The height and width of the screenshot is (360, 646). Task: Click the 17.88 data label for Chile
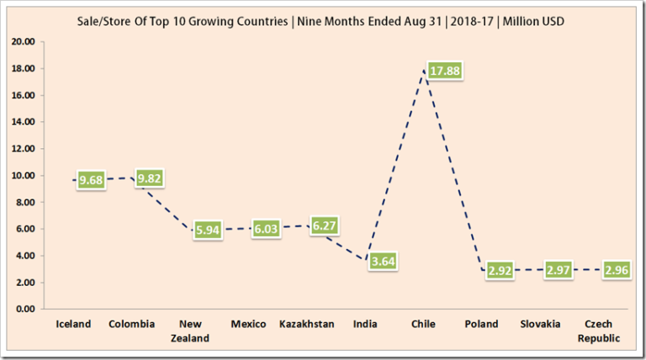coord(443,71)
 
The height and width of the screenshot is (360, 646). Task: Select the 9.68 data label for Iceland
coord(91,180)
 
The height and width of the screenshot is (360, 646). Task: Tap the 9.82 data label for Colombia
coord(150,178)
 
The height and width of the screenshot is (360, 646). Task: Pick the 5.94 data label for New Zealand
coord(208,230)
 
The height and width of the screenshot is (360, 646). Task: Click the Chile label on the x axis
coord(422,324)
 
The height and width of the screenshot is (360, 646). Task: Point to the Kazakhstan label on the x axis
coord(306,324)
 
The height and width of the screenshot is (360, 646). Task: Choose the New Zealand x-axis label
coord(189,331)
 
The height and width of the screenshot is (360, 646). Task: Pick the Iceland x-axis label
coord(73,324)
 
